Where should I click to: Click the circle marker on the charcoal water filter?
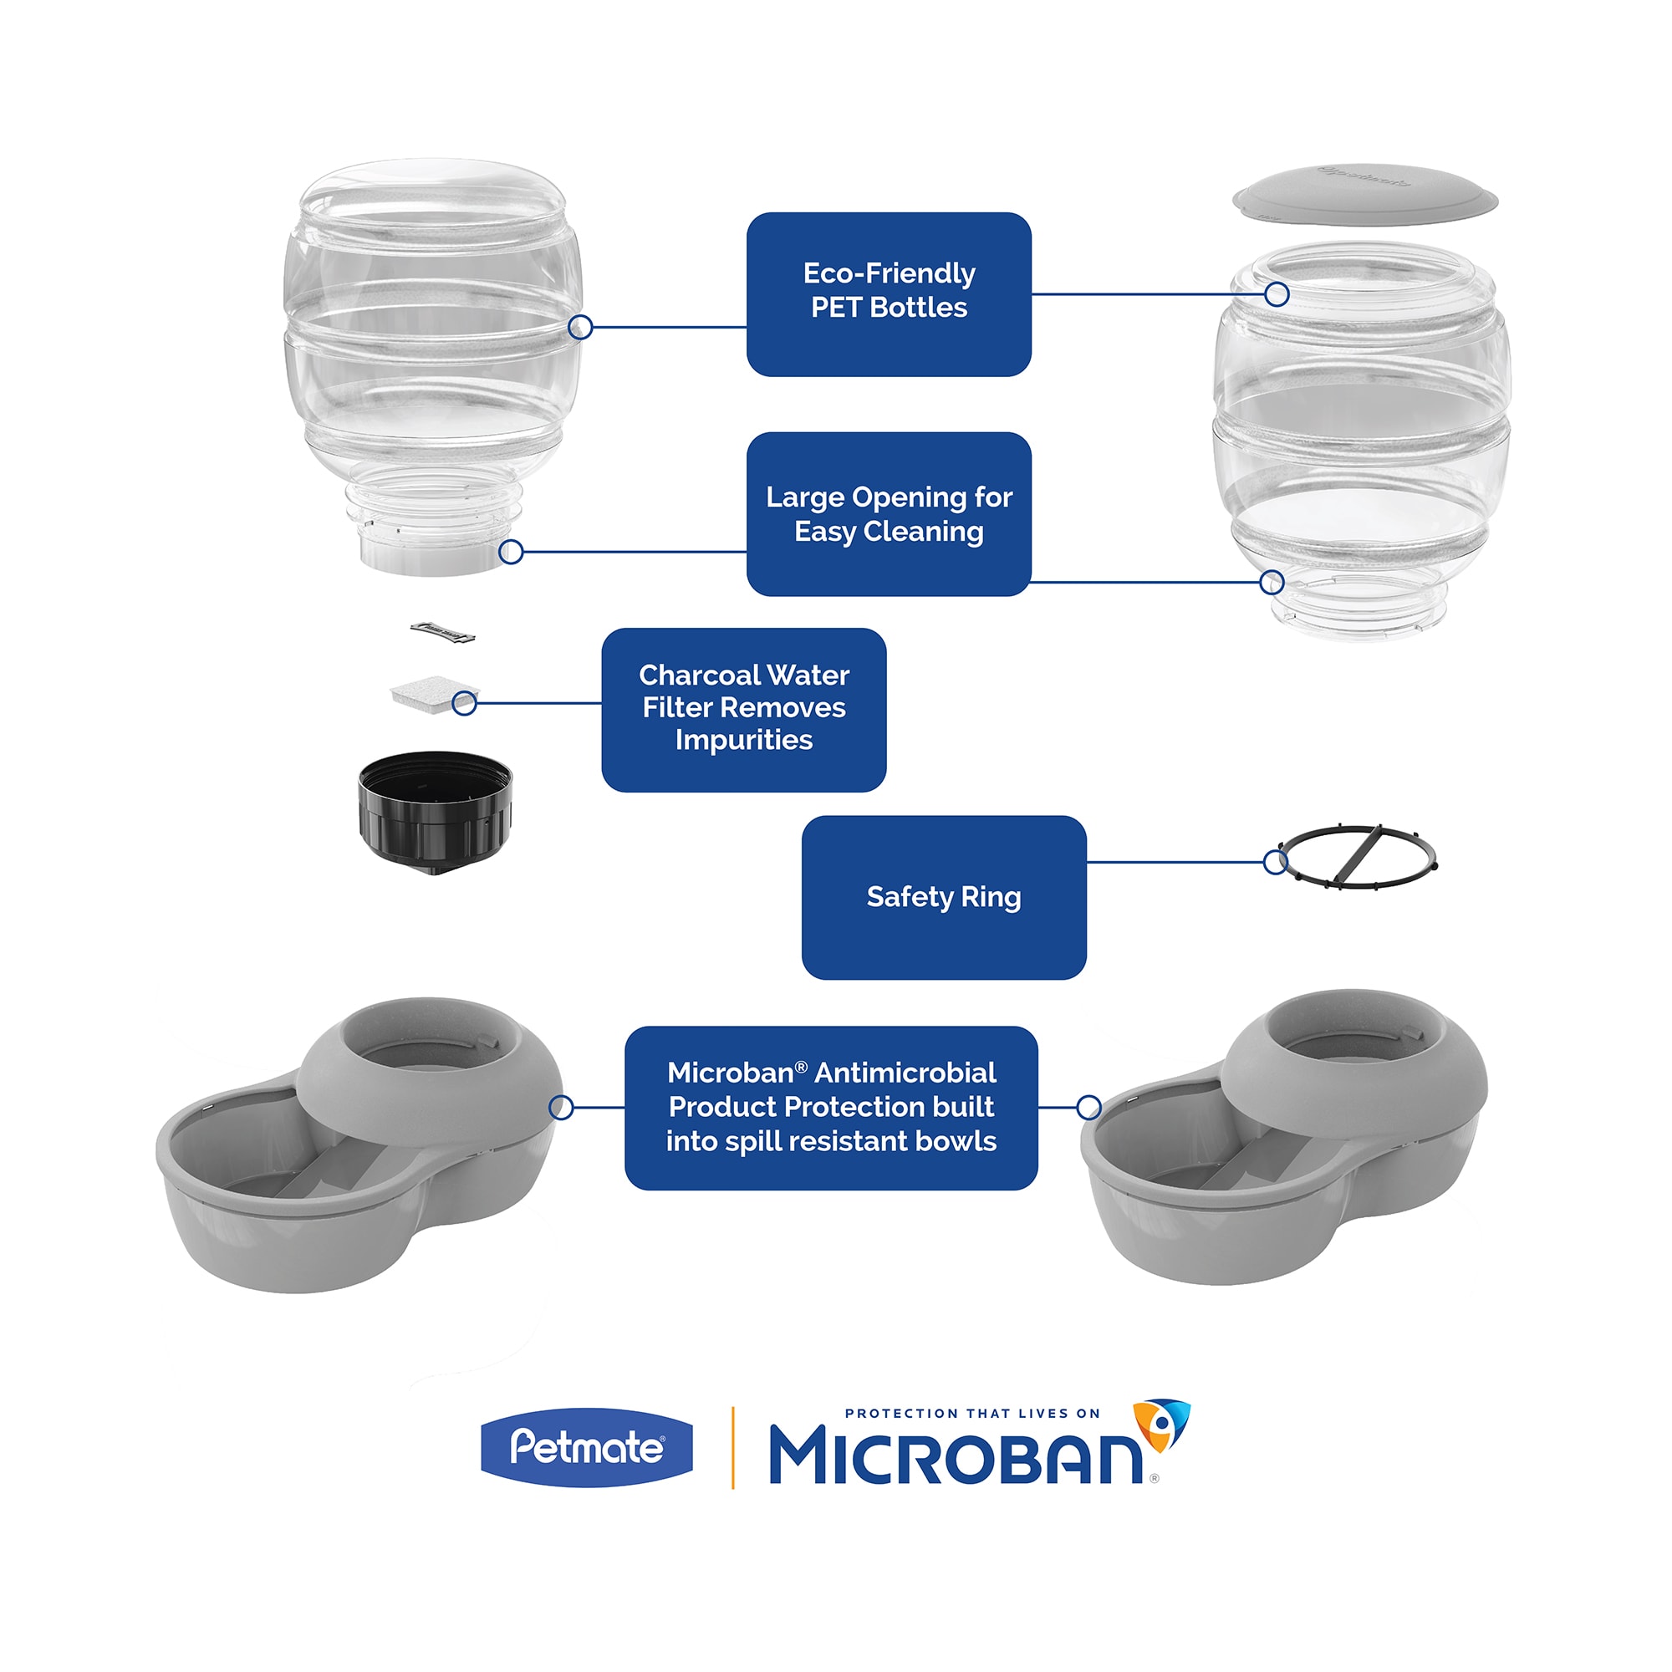tap(465, 703)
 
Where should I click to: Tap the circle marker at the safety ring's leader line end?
tap(1276, 862)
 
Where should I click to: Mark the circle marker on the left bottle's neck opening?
tap(512, 551)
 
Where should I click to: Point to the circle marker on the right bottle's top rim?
tap(1277, 294)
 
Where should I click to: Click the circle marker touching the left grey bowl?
tap(562, 1107)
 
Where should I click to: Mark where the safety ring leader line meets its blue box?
tap(1087, 862)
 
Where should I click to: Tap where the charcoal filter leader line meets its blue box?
tap(602, 703)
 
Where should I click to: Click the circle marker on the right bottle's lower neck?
tap(1272, 583)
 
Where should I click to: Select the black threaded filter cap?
tap(436, 812)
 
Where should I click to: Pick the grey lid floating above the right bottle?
tap(1365, 194)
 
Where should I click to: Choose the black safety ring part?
tap(1357, 856)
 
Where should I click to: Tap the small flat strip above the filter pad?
tap(442, 633)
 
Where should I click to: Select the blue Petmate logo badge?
tap(587, 1447)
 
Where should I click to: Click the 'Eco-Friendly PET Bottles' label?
tap(889, 290)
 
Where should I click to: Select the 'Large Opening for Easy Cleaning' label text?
tap(889, 514)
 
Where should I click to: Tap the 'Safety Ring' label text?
tap(943, 896)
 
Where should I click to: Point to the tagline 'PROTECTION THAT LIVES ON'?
tap(972, 1413)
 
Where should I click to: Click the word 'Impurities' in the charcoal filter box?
tap(743, 740)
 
